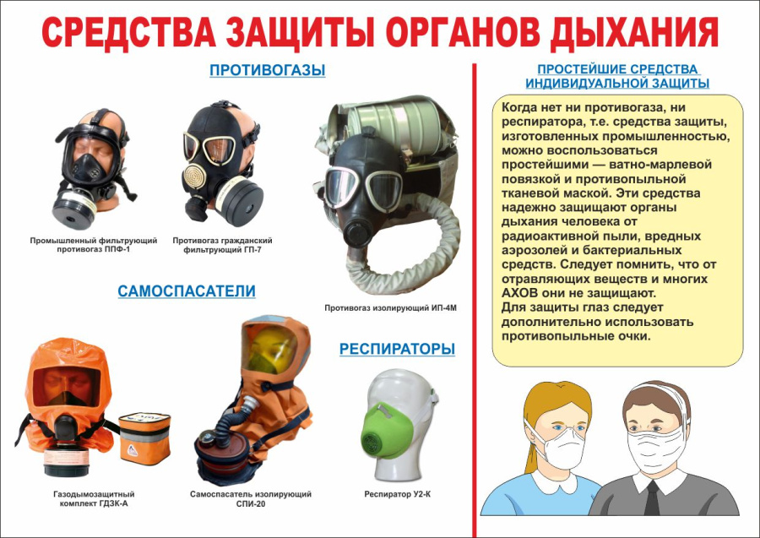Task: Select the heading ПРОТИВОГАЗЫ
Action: (x=267, y=70)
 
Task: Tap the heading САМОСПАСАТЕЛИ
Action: (x=187, y=291)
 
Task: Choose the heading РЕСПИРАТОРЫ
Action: (x=397, y=349)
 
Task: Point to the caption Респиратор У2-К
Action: (x=399, y=493)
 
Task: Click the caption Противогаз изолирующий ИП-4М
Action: (x=390, y=308)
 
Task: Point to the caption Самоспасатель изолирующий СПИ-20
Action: (x=252, y=498)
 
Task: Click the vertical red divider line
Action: (x=475, y=296)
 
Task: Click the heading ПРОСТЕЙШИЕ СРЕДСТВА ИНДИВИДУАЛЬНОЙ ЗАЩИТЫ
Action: (x=617, y=76)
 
